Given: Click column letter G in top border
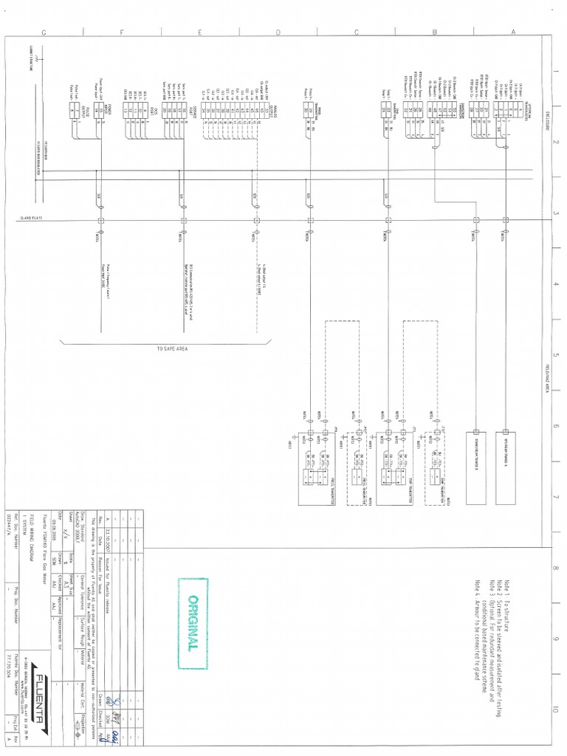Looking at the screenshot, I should click(44, 32).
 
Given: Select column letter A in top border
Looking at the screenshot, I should click(513, 32).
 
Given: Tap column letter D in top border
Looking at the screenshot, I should click(278, 32).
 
